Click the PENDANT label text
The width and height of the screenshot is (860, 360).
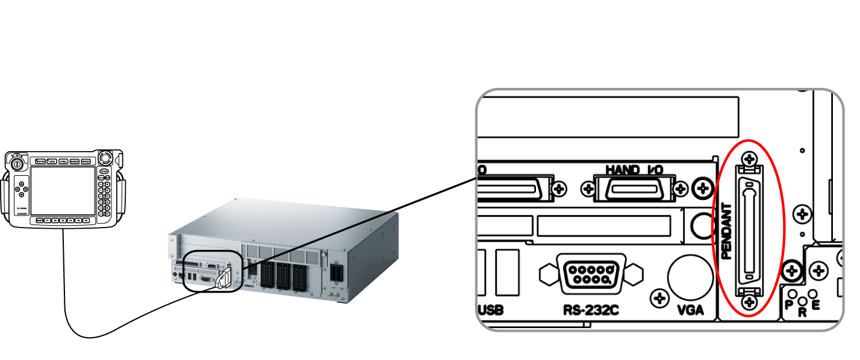726,231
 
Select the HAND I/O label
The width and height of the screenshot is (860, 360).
634,170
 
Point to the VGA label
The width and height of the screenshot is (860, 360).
690,311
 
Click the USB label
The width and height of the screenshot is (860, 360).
490,311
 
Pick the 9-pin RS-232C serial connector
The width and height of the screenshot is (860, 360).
591,275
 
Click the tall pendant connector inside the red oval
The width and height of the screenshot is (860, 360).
749,231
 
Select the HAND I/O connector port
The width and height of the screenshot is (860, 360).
633,188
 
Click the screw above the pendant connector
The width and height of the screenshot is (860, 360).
749,160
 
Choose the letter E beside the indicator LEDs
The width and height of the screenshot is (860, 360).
816,305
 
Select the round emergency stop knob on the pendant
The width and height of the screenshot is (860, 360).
106,159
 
